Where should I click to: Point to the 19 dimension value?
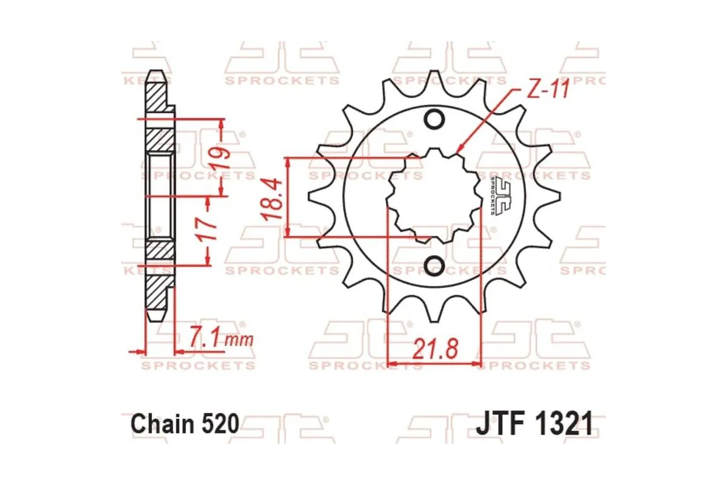218,158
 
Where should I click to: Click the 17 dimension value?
208,229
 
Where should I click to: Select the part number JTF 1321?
534,424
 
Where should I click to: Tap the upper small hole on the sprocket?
434,120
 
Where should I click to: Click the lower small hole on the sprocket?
434,265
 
